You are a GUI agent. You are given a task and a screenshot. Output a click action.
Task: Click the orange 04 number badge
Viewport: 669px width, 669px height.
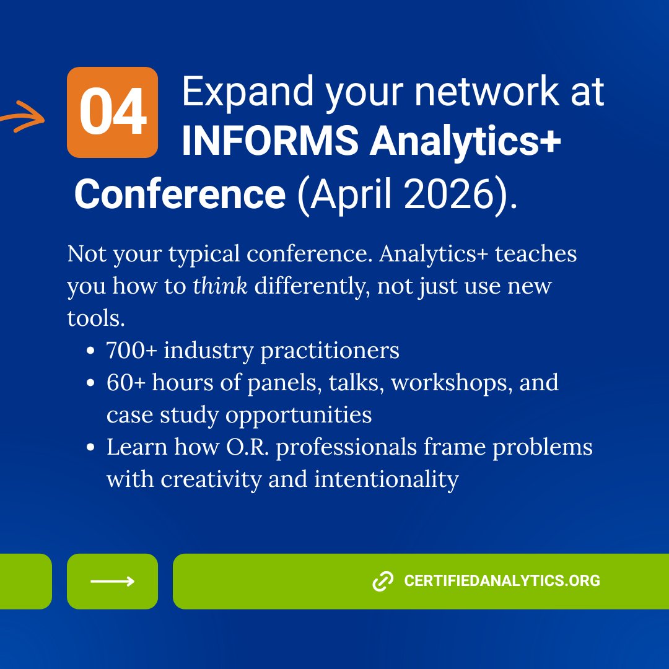click(112, 112)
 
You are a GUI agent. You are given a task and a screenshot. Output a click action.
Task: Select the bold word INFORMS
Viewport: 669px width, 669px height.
click(269, 142)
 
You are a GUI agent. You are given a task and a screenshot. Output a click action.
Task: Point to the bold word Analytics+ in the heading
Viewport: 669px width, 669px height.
click(465, 142)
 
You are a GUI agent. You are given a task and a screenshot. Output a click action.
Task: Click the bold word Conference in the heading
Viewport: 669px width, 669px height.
click(180, 195)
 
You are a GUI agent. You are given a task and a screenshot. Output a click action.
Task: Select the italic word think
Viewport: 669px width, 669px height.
click(221, 287)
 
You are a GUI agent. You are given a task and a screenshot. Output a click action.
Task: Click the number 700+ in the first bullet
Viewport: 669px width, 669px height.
click(131, 351)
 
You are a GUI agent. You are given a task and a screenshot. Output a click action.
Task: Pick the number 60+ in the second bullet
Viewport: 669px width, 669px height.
click(125, 383)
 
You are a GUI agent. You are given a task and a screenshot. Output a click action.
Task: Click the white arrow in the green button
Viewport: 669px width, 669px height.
click(112, 581)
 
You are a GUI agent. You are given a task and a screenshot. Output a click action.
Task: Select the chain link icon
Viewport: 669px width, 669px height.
click(383, 581)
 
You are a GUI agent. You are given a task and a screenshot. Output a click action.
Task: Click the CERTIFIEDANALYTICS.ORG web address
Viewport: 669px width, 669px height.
click(502, 581)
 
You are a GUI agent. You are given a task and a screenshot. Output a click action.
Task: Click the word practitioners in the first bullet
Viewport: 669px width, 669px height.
click(330, 351)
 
